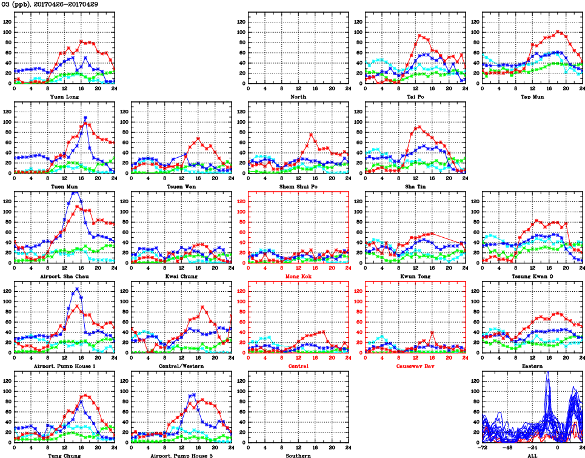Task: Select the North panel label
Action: click(x=298, y=96)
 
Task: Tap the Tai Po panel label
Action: click(x=415, y=96)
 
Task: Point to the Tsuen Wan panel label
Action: click(x=181, y=186)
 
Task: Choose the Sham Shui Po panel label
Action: click(x=298, y=186)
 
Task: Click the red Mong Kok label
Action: click(x=298, y=277)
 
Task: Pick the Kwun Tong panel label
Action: click(x=415, y=277)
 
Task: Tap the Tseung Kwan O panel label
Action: click(x=532, y=277)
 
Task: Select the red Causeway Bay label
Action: click(x=415, y=366)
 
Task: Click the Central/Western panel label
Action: click(x=181, y=366)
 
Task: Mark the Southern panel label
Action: click(x=298, y=455)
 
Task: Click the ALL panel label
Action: click(x=532, y=455)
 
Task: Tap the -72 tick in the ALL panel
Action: click(x=483, y=448)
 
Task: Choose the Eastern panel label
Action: click(x=532, y=366)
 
